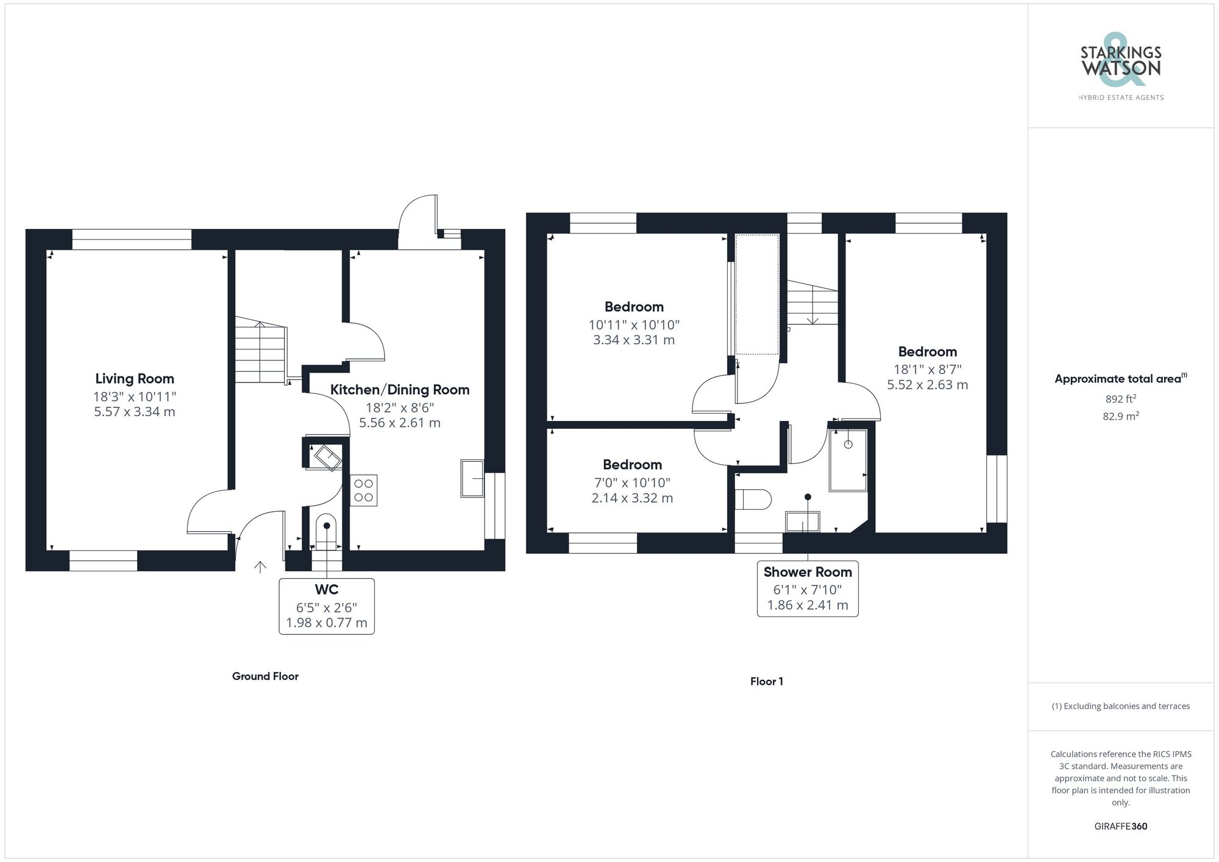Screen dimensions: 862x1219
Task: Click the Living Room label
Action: coord(135,379)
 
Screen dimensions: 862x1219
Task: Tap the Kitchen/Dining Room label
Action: coord(400,390)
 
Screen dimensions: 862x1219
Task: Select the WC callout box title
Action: coord(327,590)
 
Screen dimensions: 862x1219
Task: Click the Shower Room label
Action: coord(808,572)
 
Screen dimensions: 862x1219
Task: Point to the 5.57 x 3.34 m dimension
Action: coord(135,412)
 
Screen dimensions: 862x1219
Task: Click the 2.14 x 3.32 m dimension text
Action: coord(632,498)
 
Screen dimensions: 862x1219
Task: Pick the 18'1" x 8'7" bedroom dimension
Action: coord(927,369)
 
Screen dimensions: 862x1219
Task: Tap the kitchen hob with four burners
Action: coord(364,490)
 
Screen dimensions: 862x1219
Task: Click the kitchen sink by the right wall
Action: coord(472,478)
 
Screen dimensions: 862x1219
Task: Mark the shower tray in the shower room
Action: coord(848,461)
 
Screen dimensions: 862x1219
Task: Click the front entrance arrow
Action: coord(260,567)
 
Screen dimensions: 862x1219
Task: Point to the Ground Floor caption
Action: coord(265,676)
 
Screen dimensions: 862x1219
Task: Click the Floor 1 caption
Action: coord(766,682)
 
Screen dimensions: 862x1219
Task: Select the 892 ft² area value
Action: coord(1120,400)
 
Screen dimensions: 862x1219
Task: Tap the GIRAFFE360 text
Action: coord(1120,827)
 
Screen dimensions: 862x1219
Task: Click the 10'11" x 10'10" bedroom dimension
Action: coord(634,325)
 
